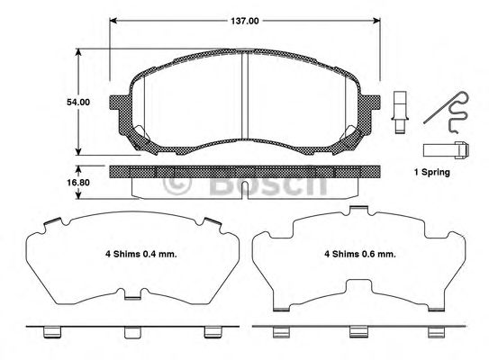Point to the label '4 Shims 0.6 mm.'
361,254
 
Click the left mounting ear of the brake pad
118,105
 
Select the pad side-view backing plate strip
245,170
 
